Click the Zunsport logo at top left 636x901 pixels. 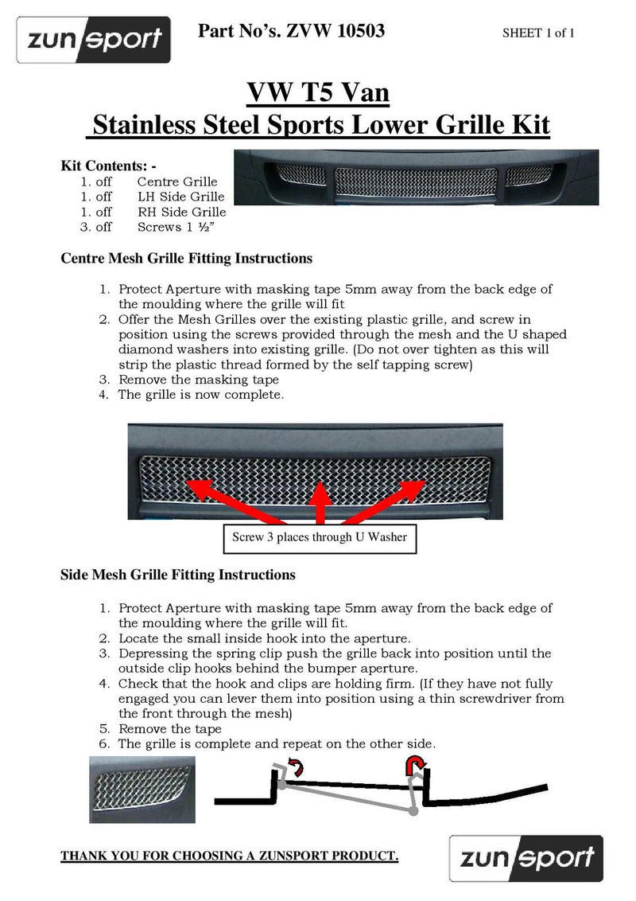(x=94, y=40)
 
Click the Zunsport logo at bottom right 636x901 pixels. (x=525, y=857)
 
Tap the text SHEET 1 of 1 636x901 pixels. (x=538, y=33)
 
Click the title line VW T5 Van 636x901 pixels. (x=318, y=94)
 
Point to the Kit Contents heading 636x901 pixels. (x=108, y=166)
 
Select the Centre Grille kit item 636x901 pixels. (x=177, y=181)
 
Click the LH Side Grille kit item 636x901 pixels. (x=180, y=197)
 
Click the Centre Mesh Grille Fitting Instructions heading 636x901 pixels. (x=186, y=259)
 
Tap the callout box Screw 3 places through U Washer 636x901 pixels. (x=319, y=537)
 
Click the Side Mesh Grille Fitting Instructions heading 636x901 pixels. (x=178, y=575)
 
